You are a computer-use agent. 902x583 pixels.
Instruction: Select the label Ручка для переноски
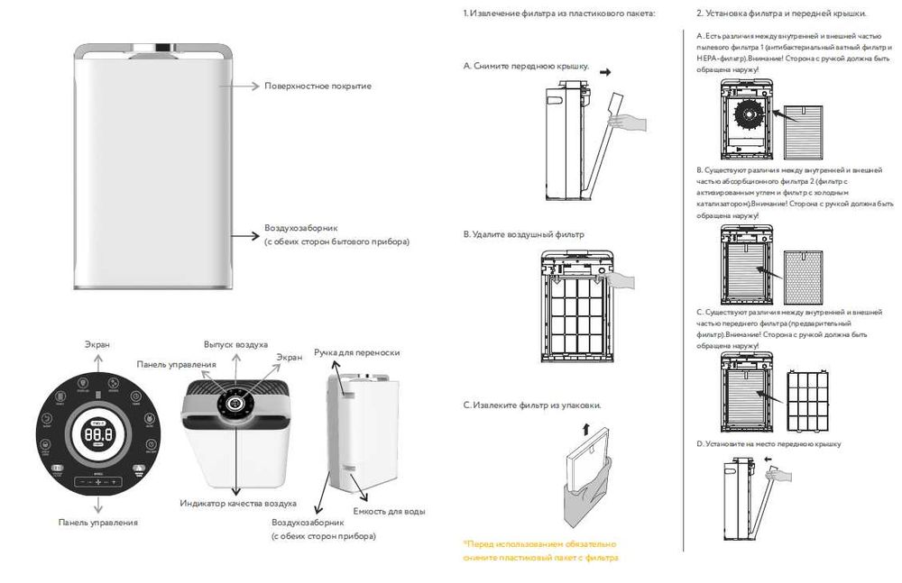click(x=356, y=352)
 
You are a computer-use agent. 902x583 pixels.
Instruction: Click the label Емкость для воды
click(x=389, y=512)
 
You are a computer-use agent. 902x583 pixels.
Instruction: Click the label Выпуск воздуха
click(x=235, y=345)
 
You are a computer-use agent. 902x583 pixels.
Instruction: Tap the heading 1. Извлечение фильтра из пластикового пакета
click(x=559, y=14)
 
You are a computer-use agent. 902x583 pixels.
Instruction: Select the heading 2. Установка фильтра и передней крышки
click(x=782, y=14)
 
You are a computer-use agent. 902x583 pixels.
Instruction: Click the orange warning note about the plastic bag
click(x=539, y=551)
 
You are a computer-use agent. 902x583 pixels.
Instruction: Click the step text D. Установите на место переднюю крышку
click(x=769, y=444)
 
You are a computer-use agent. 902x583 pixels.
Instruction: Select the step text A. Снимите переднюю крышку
click(x=526, y=67)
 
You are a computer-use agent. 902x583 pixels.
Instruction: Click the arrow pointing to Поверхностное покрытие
click(x=244, y=86)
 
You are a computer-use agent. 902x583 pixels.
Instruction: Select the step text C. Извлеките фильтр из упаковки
click(x=532, y=405)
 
